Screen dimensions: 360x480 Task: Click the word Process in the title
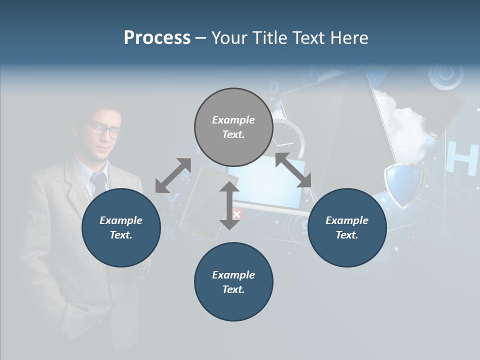point(157,38)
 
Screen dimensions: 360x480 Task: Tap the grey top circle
point(233,127)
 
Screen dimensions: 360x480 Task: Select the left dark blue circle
point(121,227)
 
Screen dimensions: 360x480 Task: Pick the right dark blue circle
point(347,227)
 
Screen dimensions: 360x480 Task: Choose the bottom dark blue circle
point(233,282)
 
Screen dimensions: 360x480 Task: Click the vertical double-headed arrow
point(229,205)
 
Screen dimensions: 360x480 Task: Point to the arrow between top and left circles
point(173,175)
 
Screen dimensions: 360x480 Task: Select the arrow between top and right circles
point(293,170)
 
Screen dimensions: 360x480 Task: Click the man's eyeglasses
point(106,130)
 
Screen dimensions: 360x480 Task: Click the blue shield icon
point(403,185)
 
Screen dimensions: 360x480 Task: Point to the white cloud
point(405,120)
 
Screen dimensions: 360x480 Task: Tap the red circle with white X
point(237,214)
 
